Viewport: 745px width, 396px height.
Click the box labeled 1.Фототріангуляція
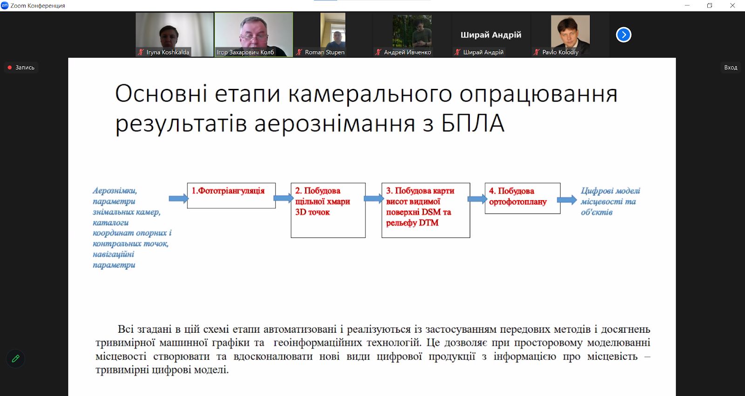(231, 195)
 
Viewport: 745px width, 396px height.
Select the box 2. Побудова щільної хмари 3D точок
(328, 210)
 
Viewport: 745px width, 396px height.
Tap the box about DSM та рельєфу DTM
(426, 210)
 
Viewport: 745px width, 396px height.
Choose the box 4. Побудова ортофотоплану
(522, 198)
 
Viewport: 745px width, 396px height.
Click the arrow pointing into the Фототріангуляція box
(179, 199)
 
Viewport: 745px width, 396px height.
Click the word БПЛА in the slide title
(473, 123)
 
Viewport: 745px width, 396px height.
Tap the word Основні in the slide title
(161, 94)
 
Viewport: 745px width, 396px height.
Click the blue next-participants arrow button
(623, 34)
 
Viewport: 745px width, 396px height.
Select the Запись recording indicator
(21, 67)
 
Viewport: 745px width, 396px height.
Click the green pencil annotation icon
(15, 359)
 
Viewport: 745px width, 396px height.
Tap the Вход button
(731, 67)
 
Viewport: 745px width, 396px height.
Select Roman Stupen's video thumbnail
(332, 34)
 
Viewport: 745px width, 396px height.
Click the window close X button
(732, 6)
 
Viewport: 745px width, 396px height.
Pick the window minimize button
(687, 6)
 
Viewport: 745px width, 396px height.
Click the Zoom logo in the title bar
(5, 5)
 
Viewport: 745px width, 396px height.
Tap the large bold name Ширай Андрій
(491, 34)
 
